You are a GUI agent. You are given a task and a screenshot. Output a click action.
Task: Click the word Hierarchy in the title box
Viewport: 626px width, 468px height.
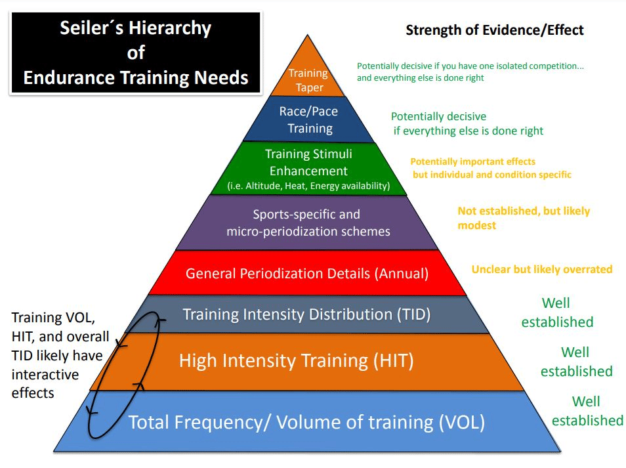(x=170, y=29)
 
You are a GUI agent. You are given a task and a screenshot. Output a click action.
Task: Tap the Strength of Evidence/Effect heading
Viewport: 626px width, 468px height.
(x=495, y=30)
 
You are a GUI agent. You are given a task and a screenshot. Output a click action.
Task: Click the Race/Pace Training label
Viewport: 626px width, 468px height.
(x=308, y=120)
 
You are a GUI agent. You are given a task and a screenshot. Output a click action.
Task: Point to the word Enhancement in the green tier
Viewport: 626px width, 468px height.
(x=308, y=171)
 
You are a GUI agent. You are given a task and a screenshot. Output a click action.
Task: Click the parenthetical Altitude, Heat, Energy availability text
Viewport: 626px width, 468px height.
(x=308, y=186)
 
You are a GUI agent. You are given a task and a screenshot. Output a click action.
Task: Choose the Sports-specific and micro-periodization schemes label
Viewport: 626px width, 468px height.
(x=308, y=223)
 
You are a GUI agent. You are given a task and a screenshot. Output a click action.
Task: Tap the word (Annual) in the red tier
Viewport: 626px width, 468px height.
(x=402, y=274)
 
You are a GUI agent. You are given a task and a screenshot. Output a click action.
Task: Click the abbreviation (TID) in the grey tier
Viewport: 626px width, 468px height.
(x=413, y=314)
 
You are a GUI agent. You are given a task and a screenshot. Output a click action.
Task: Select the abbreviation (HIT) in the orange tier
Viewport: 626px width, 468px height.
(x=394, y=361)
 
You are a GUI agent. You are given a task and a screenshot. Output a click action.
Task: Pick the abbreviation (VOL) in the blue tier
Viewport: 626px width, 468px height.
(x=462, y=423)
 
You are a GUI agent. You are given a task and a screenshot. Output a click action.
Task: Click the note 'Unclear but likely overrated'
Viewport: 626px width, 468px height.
(x=542, y=270)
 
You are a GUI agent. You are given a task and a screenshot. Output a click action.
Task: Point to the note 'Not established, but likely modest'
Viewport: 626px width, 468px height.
(x=524, y=218)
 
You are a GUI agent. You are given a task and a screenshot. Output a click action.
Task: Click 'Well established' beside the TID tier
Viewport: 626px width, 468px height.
(x=557, y=312)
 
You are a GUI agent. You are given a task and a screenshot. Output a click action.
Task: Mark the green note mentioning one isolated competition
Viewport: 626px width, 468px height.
(x=470, y=72)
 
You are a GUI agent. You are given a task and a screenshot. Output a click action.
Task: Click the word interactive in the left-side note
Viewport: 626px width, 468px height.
(x=45, y=375)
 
